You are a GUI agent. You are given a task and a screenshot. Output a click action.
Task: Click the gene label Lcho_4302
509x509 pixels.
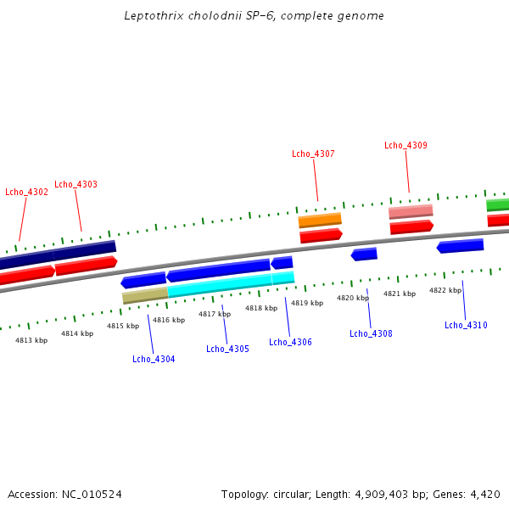coord(26,192)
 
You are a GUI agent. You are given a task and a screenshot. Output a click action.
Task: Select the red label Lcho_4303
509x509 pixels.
coord(76,184)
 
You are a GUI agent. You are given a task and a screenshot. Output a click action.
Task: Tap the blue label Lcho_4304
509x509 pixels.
coord(154,359)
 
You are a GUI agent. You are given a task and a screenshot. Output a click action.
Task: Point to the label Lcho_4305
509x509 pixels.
coord(227,349)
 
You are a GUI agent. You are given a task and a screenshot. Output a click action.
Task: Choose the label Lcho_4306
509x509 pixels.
coord(290,342)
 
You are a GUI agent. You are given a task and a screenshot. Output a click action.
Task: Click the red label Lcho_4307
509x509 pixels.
coord(313,154)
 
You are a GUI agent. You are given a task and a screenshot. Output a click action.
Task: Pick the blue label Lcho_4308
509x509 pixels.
coord(371,333)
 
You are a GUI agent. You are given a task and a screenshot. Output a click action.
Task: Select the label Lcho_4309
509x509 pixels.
coord(406,145)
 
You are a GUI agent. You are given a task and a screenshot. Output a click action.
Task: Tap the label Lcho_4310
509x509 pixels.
coord(466,325)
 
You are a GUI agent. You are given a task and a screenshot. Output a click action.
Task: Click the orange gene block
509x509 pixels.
coord(320,221)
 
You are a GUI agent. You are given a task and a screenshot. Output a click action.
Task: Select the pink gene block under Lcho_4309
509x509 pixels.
coord(411,211)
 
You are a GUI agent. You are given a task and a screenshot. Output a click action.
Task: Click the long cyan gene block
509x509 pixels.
coord(220,285)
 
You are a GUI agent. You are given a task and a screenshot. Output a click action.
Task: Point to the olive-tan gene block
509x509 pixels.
coord(145,295)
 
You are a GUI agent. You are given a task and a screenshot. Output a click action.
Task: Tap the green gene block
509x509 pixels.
coord(498,204)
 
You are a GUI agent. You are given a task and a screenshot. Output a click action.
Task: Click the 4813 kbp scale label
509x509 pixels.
coord(31,340)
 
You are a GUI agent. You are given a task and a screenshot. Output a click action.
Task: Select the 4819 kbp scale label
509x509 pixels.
coord(306,303)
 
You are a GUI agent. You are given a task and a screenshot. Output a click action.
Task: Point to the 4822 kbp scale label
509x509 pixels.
coord(445,290)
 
